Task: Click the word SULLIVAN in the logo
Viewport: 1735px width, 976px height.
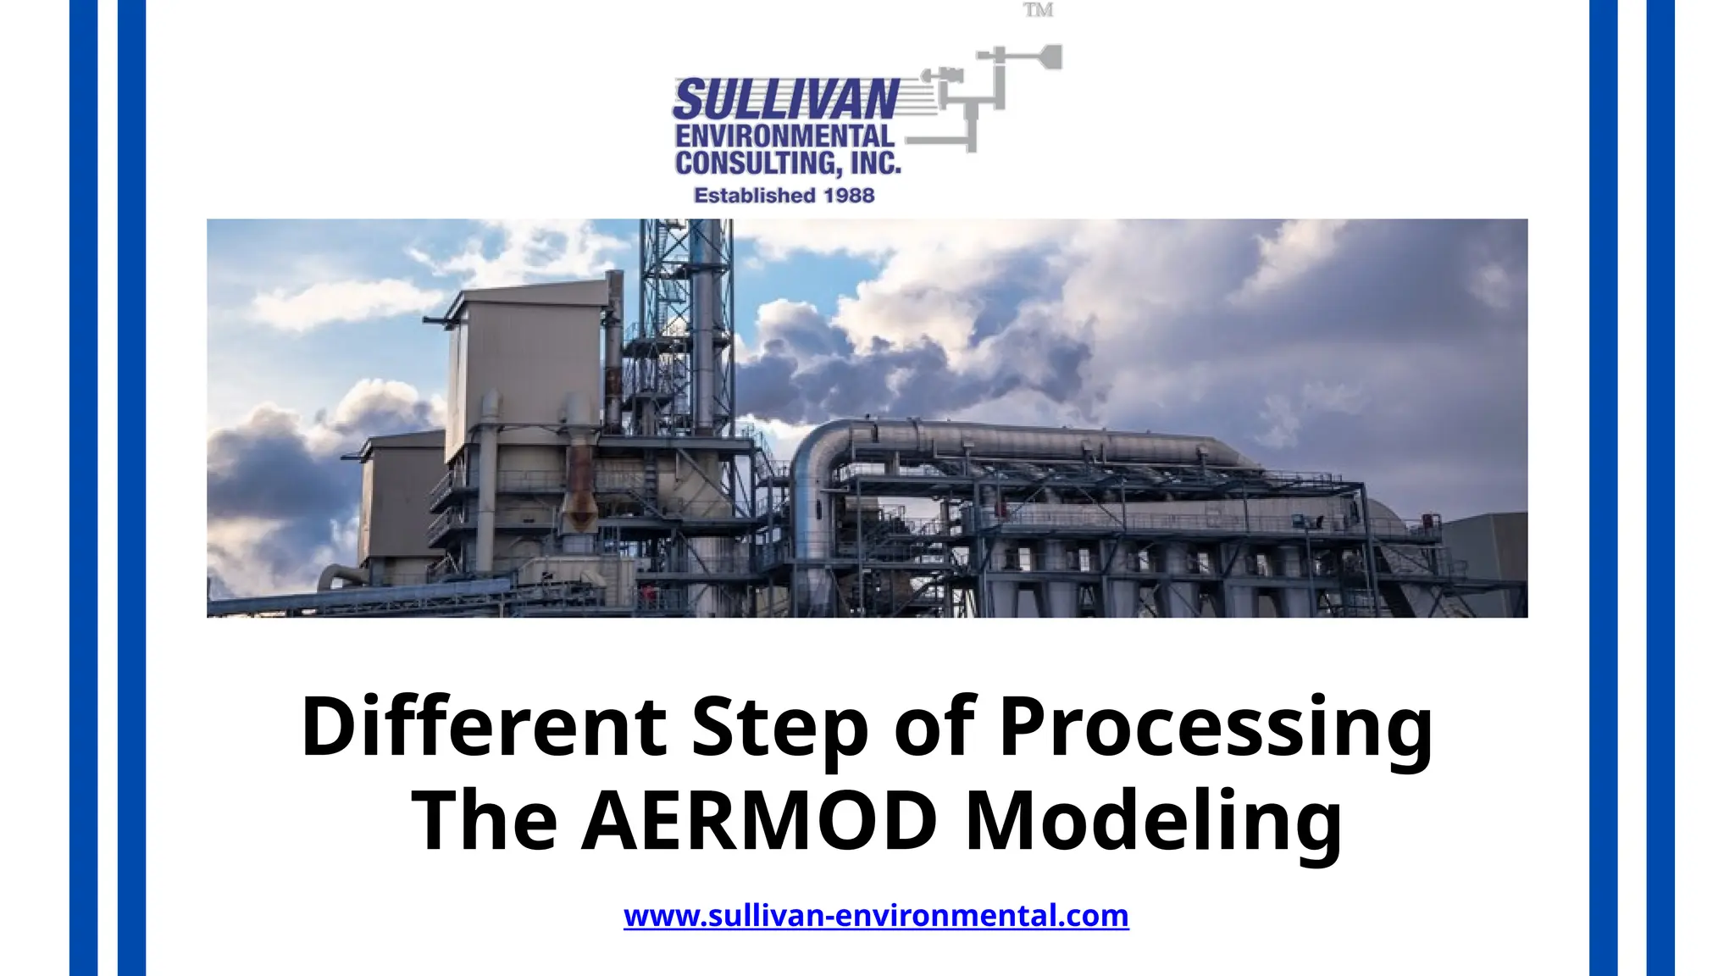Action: click(x=785, y=99)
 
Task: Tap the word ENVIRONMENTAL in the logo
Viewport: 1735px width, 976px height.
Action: click(x=784, y=136)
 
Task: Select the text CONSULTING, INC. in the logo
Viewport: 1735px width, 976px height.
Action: click(x=787, y=163)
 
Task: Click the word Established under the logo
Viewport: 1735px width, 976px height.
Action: click(x=749, y=196)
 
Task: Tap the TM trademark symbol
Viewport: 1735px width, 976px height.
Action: click(x=1038, y=10)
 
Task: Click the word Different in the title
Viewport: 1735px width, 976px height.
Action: click(x=484, y=726)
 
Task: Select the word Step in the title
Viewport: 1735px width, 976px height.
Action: click(x=779, y=728)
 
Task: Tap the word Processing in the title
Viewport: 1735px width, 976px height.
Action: click(x=1216, y=728)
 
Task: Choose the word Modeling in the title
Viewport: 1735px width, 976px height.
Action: click(x=1154, y=823)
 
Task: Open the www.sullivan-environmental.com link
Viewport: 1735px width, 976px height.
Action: click(x=876, y=916)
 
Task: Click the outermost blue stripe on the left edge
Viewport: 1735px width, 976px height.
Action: click(x=83, y=488)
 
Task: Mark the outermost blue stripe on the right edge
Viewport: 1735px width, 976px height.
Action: click(x=1660, y=488)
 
